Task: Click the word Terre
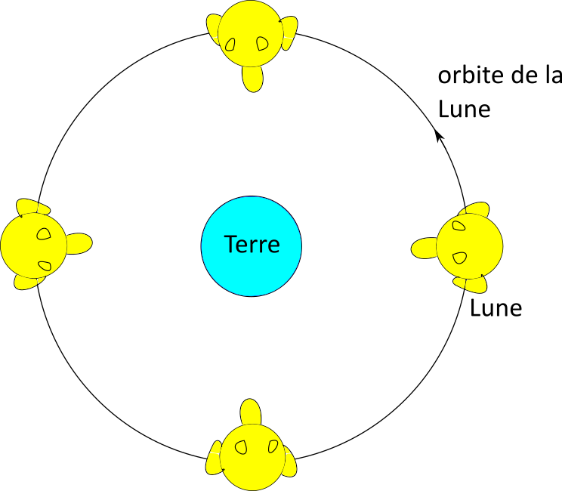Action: [252, 244]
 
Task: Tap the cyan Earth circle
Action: [252, 246]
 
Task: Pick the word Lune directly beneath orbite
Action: [464, 109]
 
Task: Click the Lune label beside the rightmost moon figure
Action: [496, 308]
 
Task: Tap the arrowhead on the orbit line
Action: [439, 135]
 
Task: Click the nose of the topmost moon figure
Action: [253, 79]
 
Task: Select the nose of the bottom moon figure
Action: [251, 412]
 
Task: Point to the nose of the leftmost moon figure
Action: [79, 244]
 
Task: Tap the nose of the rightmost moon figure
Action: [424, 248]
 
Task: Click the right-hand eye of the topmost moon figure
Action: [262, 43]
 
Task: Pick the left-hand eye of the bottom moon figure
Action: [241, 447]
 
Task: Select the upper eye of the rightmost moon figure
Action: [459, 225]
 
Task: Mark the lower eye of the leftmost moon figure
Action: [45, 266]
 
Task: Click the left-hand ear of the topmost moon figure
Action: [214, 29]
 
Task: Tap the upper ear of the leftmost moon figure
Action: [33, 207]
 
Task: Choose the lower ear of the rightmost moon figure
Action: [471, 283]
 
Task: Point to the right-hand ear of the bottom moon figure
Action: [289, 462]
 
